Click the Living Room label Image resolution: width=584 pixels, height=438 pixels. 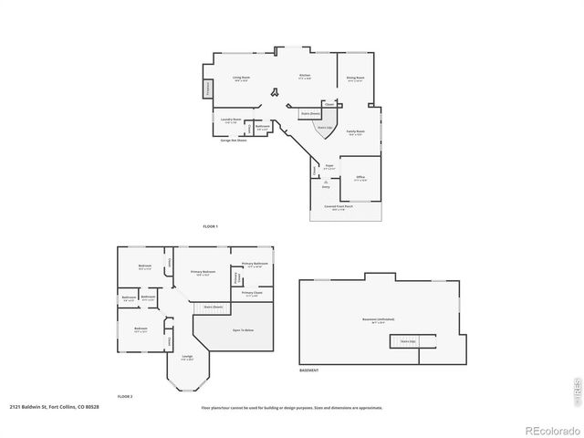click(241, 78)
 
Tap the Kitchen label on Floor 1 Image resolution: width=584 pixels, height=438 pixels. click(305, 77)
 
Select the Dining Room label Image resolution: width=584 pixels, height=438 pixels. click(355, 79)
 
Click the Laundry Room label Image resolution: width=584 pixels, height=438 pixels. click(232, 120)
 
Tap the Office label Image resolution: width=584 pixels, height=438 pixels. click(360, 177)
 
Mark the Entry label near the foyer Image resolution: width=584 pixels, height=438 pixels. click(326, 186)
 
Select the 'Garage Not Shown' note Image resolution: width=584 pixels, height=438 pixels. click(234, 140)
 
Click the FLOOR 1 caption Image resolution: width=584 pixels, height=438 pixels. click(211, 225)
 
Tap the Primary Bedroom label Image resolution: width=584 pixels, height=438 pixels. click(203, 272)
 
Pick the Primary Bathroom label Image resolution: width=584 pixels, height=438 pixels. click(255, 264)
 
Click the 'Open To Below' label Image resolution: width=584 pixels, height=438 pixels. click(243, 329)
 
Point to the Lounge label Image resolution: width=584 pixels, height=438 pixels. click(187, 357)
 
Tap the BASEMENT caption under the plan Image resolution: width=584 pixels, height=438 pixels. click(309, 370)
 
